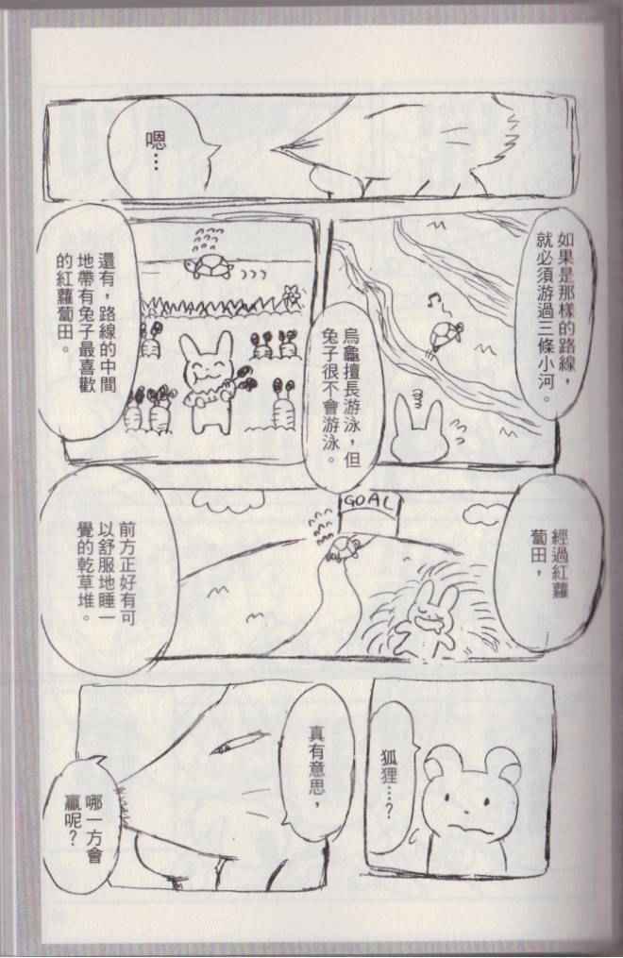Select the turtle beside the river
[x=446, y=335]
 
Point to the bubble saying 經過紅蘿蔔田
[x=544, y=563]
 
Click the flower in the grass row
[x=293, y=295]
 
